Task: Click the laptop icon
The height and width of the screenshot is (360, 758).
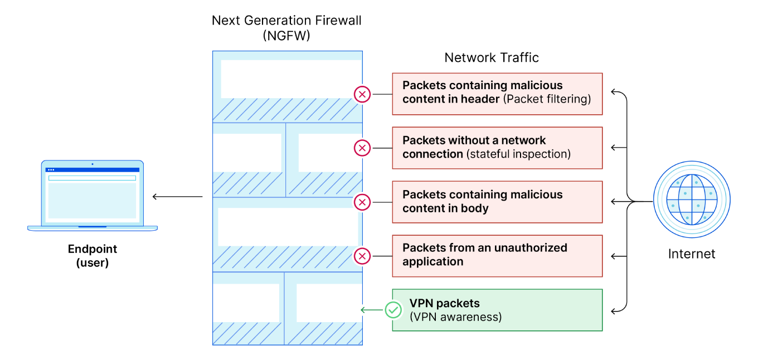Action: pyautogui.click(x=93, y=196)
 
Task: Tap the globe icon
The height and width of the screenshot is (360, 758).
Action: pyautogui.click(x=692, y=200)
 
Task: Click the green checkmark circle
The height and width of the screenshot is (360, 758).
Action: pyautogui.click(x=393, y=310)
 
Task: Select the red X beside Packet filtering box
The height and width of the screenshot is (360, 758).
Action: pyautogui.click(x=362, y=94)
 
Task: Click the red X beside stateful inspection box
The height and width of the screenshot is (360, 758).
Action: pyautogui.click(x=362, y=148)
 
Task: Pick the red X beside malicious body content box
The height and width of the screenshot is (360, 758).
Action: pyautogui.click(x=362, y=202)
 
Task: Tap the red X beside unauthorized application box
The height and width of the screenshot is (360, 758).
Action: pyautogui.click(x=362, y=256)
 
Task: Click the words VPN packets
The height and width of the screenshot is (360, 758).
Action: pyautogui.click(x=444, y=303)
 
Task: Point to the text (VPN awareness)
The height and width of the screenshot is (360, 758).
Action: pyautogui.click(x=455, y=317)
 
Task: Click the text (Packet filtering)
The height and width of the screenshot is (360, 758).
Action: pyautogui.click(x=547, y=99)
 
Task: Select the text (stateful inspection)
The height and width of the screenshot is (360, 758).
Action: pyautogui.click(x=518, y=154)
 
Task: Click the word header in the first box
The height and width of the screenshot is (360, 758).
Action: pyautogui.click(x=481, y=99)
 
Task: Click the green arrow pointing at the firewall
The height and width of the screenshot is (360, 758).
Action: pyautogui.click(x=370, y=310)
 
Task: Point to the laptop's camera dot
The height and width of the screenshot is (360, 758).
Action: pyautogui.click(x=93, y=164)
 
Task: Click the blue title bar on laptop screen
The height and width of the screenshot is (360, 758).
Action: pyautogui.click(x=93, y=169)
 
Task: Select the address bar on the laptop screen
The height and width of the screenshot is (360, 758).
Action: pyautogui.click(x=93, y=178)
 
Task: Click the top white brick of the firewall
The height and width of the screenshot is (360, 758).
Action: pyautogui.click(x=290, y=79)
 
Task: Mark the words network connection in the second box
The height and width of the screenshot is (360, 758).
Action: pyautogui.click(x=474, y=147)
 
